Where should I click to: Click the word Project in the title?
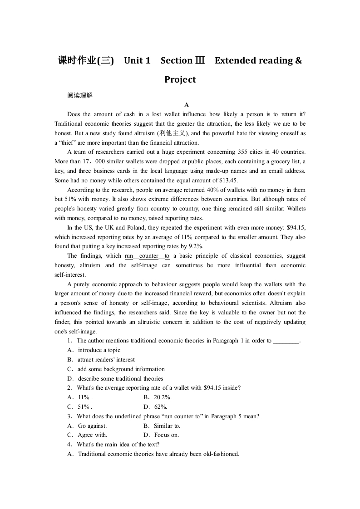click(x=180, y=79)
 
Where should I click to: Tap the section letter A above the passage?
click(x=186, y=105)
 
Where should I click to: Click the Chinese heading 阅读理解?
click(x=79, y=95)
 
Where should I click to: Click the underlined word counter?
click(x=149, y=256)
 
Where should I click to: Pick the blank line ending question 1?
click(x=286, y=341)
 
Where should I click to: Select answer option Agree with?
click(x=92, y=435)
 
